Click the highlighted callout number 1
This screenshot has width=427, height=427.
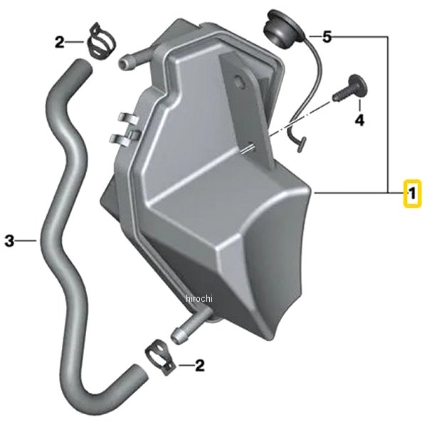[412, 194]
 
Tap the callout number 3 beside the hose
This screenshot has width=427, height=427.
[9, 241]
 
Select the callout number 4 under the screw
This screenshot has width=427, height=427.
[359, 120]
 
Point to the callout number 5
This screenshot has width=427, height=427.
[327, 36]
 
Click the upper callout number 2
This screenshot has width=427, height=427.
[60, 42]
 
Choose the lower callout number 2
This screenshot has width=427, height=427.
[199, 365]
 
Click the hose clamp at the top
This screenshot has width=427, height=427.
[100, 41]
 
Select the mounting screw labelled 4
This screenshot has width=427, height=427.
[350, 88]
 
